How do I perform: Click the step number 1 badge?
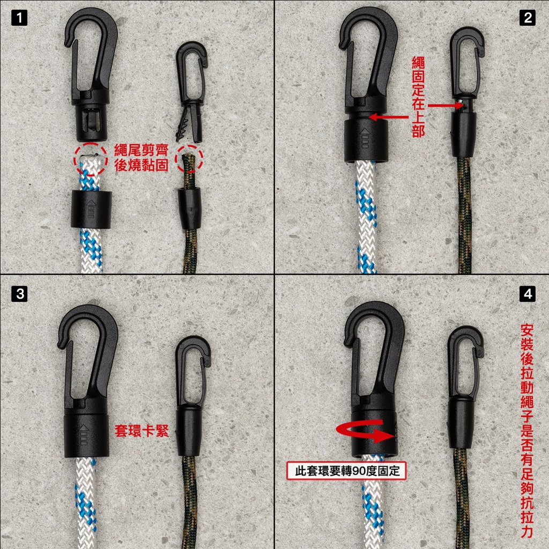point(19,18)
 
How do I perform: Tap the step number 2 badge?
point(528,18)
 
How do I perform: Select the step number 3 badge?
point(19,294)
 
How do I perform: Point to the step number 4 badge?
point(528,294)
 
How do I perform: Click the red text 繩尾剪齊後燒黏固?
point(142,158)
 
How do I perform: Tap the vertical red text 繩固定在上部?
point(418,97)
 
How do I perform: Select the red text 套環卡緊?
point(142,431)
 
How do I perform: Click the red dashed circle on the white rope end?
point(90,159)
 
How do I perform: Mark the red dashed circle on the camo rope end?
point(189,159)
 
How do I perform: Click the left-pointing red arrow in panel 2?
point(389,117)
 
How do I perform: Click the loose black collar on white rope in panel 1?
point(91,210)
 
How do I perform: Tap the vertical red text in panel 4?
point(526,413)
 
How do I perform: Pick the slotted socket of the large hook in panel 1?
point(90,123)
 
